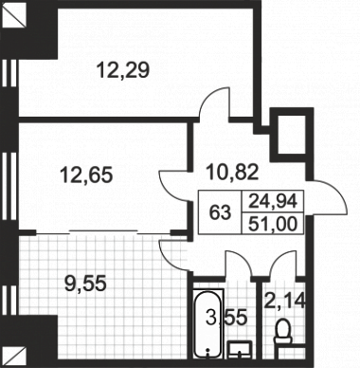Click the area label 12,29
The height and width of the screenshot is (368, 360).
pos(122,70)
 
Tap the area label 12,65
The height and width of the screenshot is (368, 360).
pos(86,175)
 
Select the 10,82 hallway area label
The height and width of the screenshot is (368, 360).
pos(232,173)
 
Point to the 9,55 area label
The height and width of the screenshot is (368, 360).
pos(84,284)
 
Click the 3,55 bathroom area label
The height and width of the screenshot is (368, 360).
pos(226,318)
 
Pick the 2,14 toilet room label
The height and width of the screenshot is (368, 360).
pos(284,301)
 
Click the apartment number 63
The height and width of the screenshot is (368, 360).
pos(220,212)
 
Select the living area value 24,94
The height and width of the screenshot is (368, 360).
pos(273,201)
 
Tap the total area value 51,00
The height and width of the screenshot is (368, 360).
pos(273,224)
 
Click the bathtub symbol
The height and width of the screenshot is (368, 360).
pos(208,323)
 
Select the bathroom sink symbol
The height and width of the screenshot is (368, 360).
pos(240,350)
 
